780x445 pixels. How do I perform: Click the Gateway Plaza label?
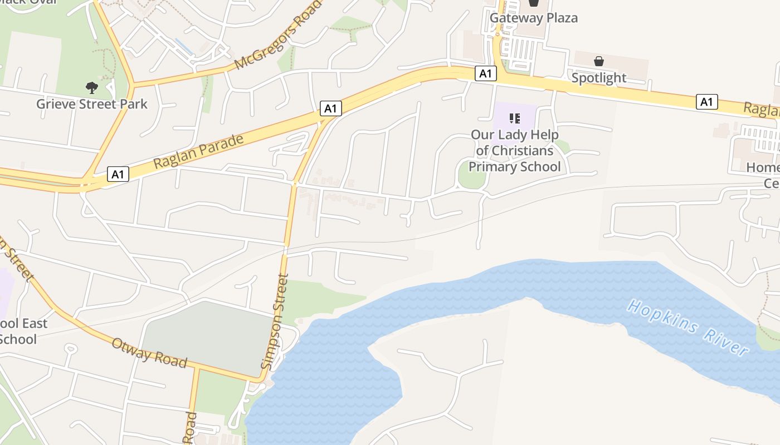coord(533,18)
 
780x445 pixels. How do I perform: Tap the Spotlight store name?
coord(599,78)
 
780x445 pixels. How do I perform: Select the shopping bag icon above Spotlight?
coord(599,61)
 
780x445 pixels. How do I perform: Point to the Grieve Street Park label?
coord(92,104)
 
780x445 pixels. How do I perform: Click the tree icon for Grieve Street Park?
coord(92,87)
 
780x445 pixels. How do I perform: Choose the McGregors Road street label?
coord(279,34)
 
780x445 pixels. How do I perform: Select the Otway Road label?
coord(149,352)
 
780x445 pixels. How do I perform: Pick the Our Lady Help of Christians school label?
coord(514,151)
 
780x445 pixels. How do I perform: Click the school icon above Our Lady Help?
coord(514,118)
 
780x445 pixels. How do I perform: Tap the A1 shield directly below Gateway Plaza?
coord(486,73)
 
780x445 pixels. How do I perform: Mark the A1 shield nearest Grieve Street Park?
coord(118,174)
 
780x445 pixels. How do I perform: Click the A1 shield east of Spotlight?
coord(706,102)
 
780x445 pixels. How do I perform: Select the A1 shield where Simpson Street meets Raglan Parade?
coord(330,108)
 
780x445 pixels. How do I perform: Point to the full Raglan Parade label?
coord(198,151)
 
